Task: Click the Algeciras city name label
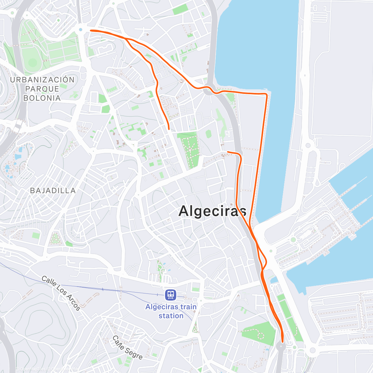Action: pyautogui.click(x=213, y=211)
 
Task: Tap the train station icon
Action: pyautogui.click(x=171, y=294)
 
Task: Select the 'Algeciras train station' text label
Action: pyautogui.click(x=171, y=311)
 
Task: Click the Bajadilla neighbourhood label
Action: pyautogui.click(x=53, y=191)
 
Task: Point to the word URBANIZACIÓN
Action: pyautogui.click(x=42, y=80)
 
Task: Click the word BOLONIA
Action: pyautogui.click(x=42, y=98)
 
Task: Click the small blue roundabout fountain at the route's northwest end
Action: pyautogui.click(x=81, y=30)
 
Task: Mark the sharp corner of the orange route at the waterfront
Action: pyautogui.click(x=266, y=94)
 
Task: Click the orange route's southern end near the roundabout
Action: pyautogui.click(x=283, y=341)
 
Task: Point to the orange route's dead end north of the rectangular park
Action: pyautogui.click(x=168, y=128)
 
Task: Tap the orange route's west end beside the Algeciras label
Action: pyautogui.click(x=228, y=152)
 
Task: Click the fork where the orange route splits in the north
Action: pyautogui.click(x=126, y=38)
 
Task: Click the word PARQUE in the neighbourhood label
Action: pyautogui.click(x=42, y=89)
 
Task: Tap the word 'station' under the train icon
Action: pyautogui.click(x=171, y=316)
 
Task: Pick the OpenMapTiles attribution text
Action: pyautogui.click(x=31, y=369)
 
